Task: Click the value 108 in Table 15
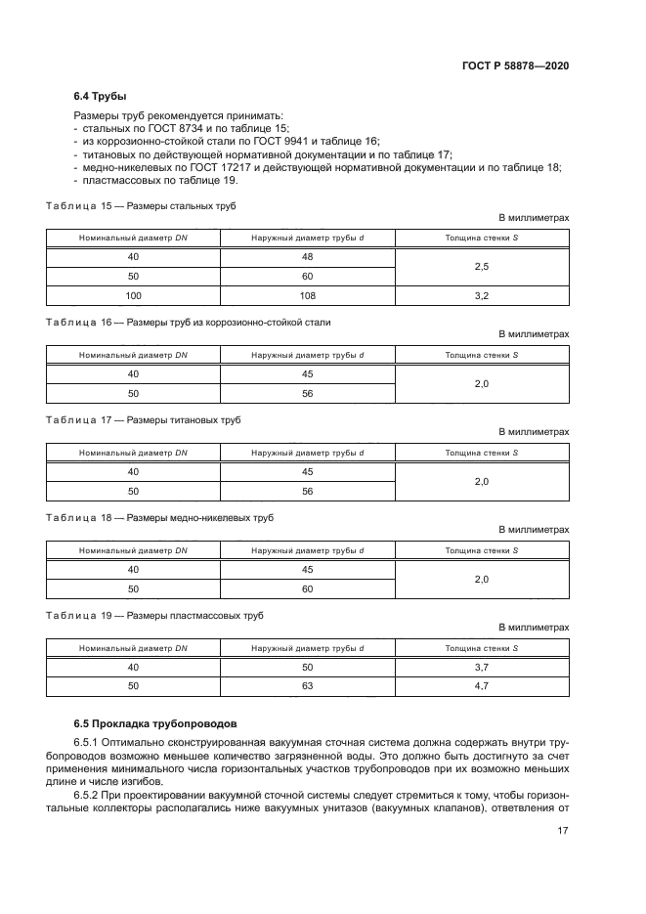click(x=307, y=294)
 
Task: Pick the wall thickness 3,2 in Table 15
click(x=481, y=294)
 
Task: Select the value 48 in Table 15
click(x=307, y=257)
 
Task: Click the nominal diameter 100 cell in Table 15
click(x=134, y=294)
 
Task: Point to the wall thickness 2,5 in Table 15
click(x=481, y=266)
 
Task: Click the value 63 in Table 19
click(x=307, y=686)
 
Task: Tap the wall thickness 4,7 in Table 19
click(x=481, y=686)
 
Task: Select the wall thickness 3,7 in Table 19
click(x=481, y=667)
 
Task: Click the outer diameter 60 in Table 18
click(x=307, y=588)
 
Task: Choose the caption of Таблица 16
click(x=189, y=322)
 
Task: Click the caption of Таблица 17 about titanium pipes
click(x=143, y=419)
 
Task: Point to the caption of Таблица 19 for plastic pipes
click(x=154, y=615)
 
